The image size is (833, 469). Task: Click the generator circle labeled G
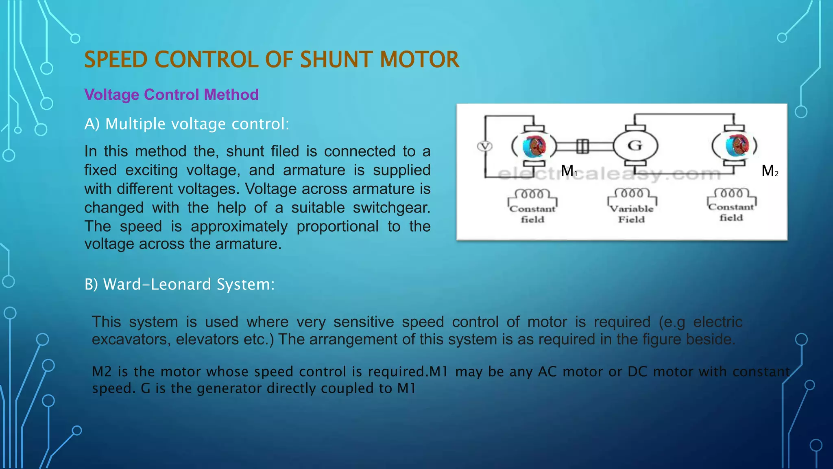pyautogui.click(x=635, y=145)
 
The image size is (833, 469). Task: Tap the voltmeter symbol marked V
pyautogui.click(x=484, y=146)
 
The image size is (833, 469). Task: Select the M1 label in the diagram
pyautogui.click(x=569, y=171)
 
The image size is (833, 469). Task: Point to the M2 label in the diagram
pyautogui.click(x=770, y=171)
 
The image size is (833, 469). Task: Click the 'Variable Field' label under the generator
pyautogui.click(x=632, y=214)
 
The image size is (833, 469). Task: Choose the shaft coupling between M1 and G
pyautogui.click(x=583, y=146)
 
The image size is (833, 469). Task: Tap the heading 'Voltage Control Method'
pyautogui.click(x=171, y=94)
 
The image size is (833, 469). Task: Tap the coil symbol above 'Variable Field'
pyautogui.click(x=632, y=193)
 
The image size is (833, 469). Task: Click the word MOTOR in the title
pyautogui.click(x=419, y=59)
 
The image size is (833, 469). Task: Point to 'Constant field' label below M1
pyautogui.click(x=532, y=214)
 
